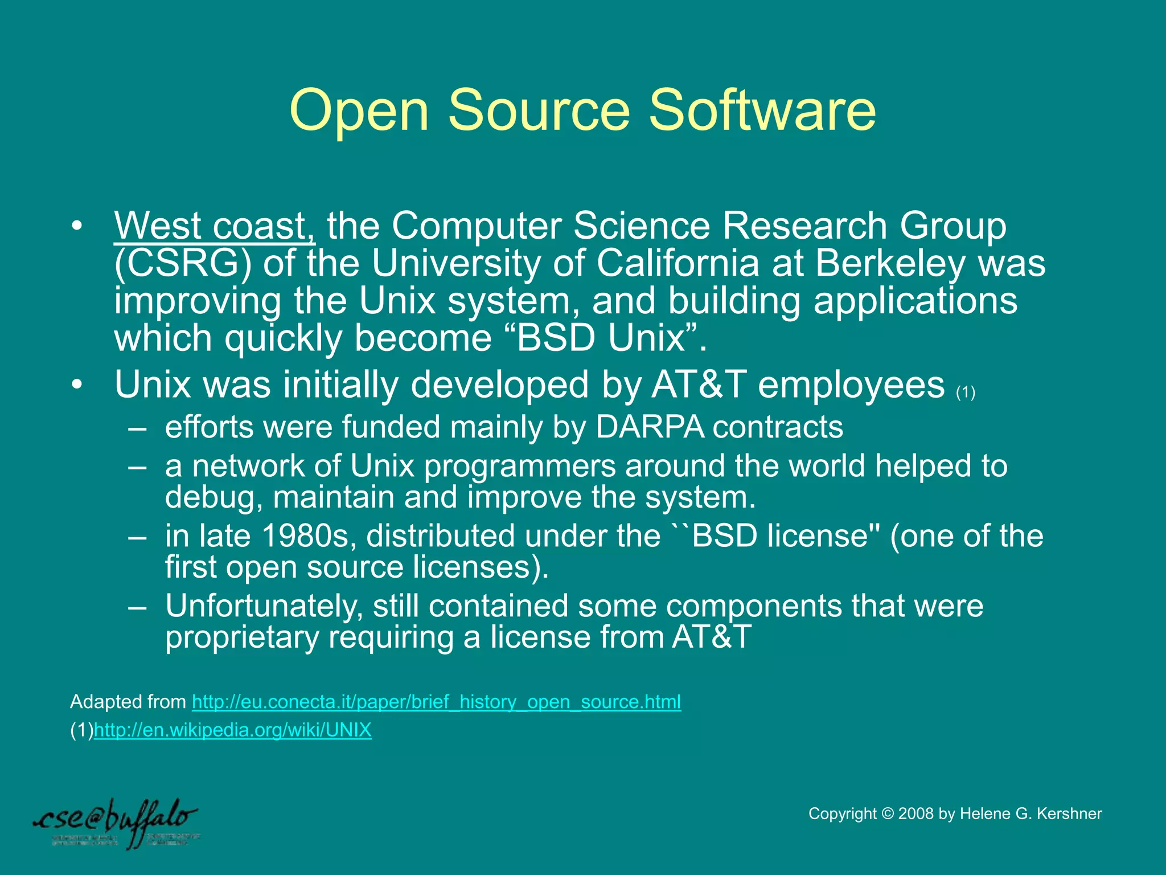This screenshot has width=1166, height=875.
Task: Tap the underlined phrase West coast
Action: [214, 226]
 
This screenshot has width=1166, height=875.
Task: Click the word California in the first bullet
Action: [678, 264]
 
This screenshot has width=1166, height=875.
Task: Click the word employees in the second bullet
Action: [851, 385]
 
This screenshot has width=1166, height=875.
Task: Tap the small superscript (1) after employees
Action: [966, 392]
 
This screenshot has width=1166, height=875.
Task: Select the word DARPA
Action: [650, 427]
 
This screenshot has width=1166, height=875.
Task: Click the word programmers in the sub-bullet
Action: [520, 466]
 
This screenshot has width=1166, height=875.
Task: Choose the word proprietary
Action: [242, 637]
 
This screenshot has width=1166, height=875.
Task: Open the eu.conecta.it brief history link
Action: [436, 702]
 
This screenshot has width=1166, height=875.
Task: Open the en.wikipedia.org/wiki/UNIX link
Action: [232, 730]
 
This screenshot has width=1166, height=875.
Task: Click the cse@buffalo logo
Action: [117, 823]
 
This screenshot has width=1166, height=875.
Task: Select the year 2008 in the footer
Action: [916, 813]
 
